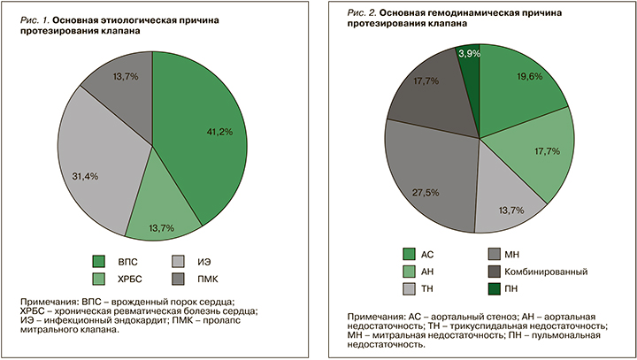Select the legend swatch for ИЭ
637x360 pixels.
point(178,262)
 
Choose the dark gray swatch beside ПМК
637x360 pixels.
point(178,280)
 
